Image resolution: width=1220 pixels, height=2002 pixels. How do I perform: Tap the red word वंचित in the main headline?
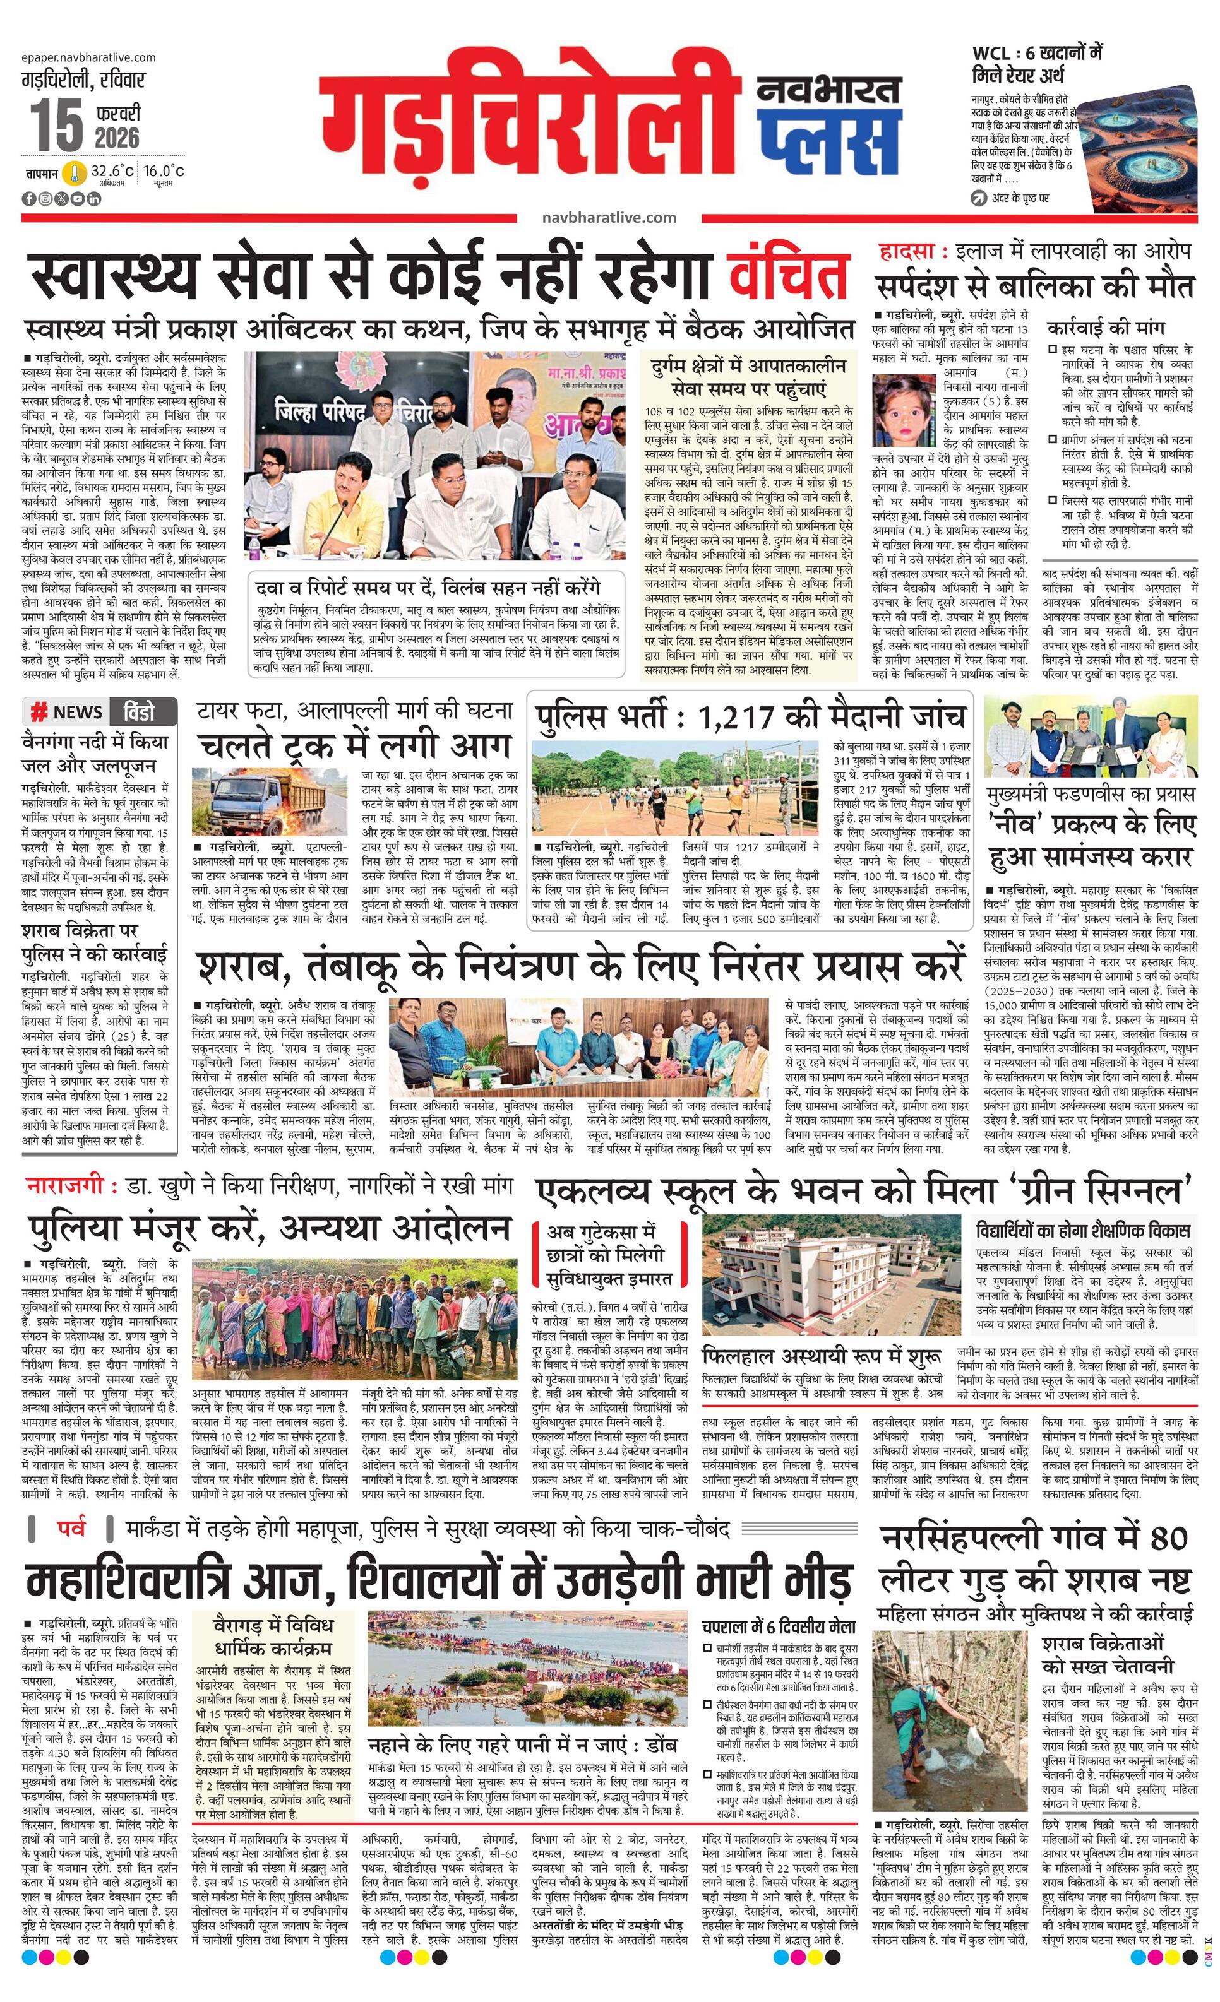(x=789, y=275)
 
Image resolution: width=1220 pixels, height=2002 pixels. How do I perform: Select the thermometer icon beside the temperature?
(x=76, y=173)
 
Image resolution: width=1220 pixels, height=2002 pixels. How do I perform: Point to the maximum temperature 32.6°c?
(x=112, y=172)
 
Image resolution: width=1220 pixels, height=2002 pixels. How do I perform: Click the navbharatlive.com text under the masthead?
(x=609, y=218)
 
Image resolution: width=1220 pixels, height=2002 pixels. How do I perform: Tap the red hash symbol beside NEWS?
(x=38, y=713)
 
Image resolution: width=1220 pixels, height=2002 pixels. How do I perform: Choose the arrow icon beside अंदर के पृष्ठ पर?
(x=979, y=198)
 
